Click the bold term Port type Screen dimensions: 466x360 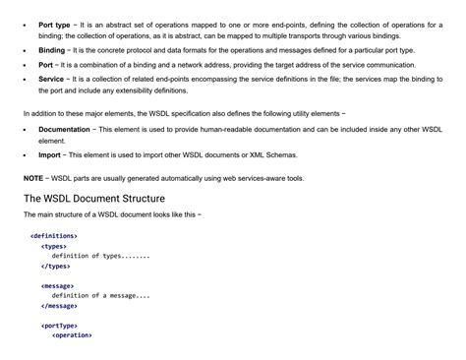[54, 23]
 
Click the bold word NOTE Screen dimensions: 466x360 [33, 178]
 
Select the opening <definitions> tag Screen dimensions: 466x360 [54, 236]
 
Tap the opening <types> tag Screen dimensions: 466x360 [55, 246]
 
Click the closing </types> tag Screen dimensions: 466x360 [56, 266]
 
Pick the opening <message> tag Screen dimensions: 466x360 [59, 285]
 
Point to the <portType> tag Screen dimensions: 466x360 [61, 325]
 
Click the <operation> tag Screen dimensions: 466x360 [72, 335]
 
